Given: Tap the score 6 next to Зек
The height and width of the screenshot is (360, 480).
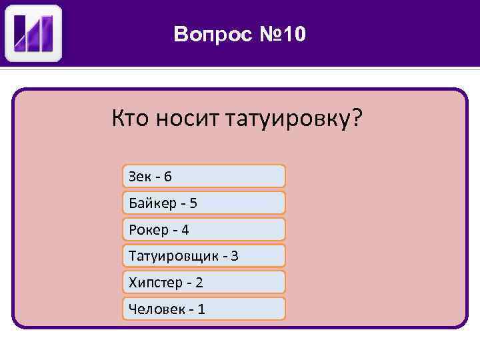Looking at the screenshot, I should tap(167, 177).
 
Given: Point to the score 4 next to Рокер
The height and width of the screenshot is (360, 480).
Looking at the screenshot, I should tap(185, 230).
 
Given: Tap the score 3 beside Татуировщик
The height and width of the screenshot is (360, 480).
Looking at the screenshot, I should tap(235, 256).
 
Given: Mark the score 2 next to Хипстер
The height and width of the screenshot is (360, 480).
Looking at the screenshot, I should tap(199, 283).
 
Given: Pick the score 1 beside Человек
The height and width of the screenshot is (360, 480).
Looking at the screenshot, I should tap(201, 309).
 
